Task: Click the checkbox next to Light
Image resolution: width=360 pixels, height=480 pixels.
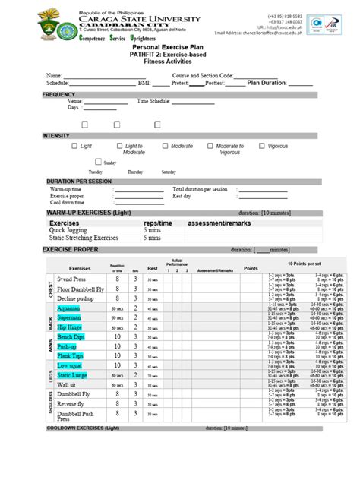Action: point(74,146)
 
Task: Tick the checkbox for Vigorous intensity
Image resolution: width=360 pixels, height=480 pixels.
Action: point(261,146)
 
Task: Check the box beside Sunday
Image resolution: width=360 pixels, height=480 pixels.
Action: point(99,162)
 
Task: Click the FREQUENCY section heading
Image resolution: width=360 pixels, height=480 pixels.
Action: point(59,95)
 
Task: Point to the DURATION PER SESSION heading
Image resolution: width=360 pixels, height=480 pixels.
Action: point(79,182)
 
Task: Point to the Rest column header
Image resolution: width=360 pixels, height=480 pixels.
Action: point(152,268)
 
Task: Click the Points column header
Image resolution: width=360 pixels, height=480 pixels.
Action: point(251,268)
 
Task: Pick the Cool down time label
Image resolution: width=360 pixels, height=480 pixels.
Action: point(68,203)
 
